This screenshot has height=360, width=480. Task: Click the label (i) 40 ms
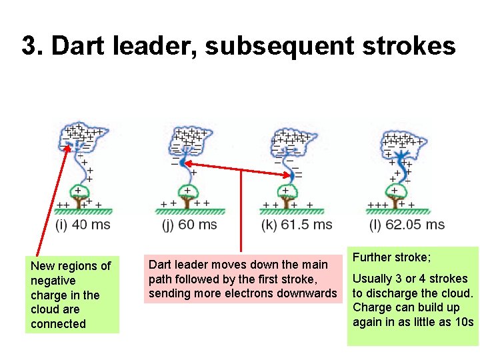point(82,224)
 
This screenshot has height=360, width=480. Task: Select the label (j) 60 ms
point(189,224)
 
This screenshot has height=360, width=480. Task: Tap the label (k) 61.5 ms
point(297,224)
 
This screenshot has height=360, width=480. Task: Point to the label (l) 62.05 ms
point(406,224)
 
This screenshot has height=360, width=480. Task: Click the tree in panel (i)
point(81,194)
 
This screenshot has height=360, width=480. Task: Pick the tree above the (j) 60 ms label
point(187,194)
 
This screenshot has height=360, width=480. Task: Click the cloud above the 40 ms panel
point(82,136)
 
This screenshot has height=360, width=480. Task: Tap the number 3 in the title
point(28,46)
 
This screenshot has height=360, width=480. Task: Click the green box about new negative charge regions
point(72,295)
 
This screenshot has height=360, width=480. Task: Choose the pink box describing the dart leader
point(243,279)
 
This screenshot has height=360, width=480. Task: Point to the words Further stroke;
point(391,257)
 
